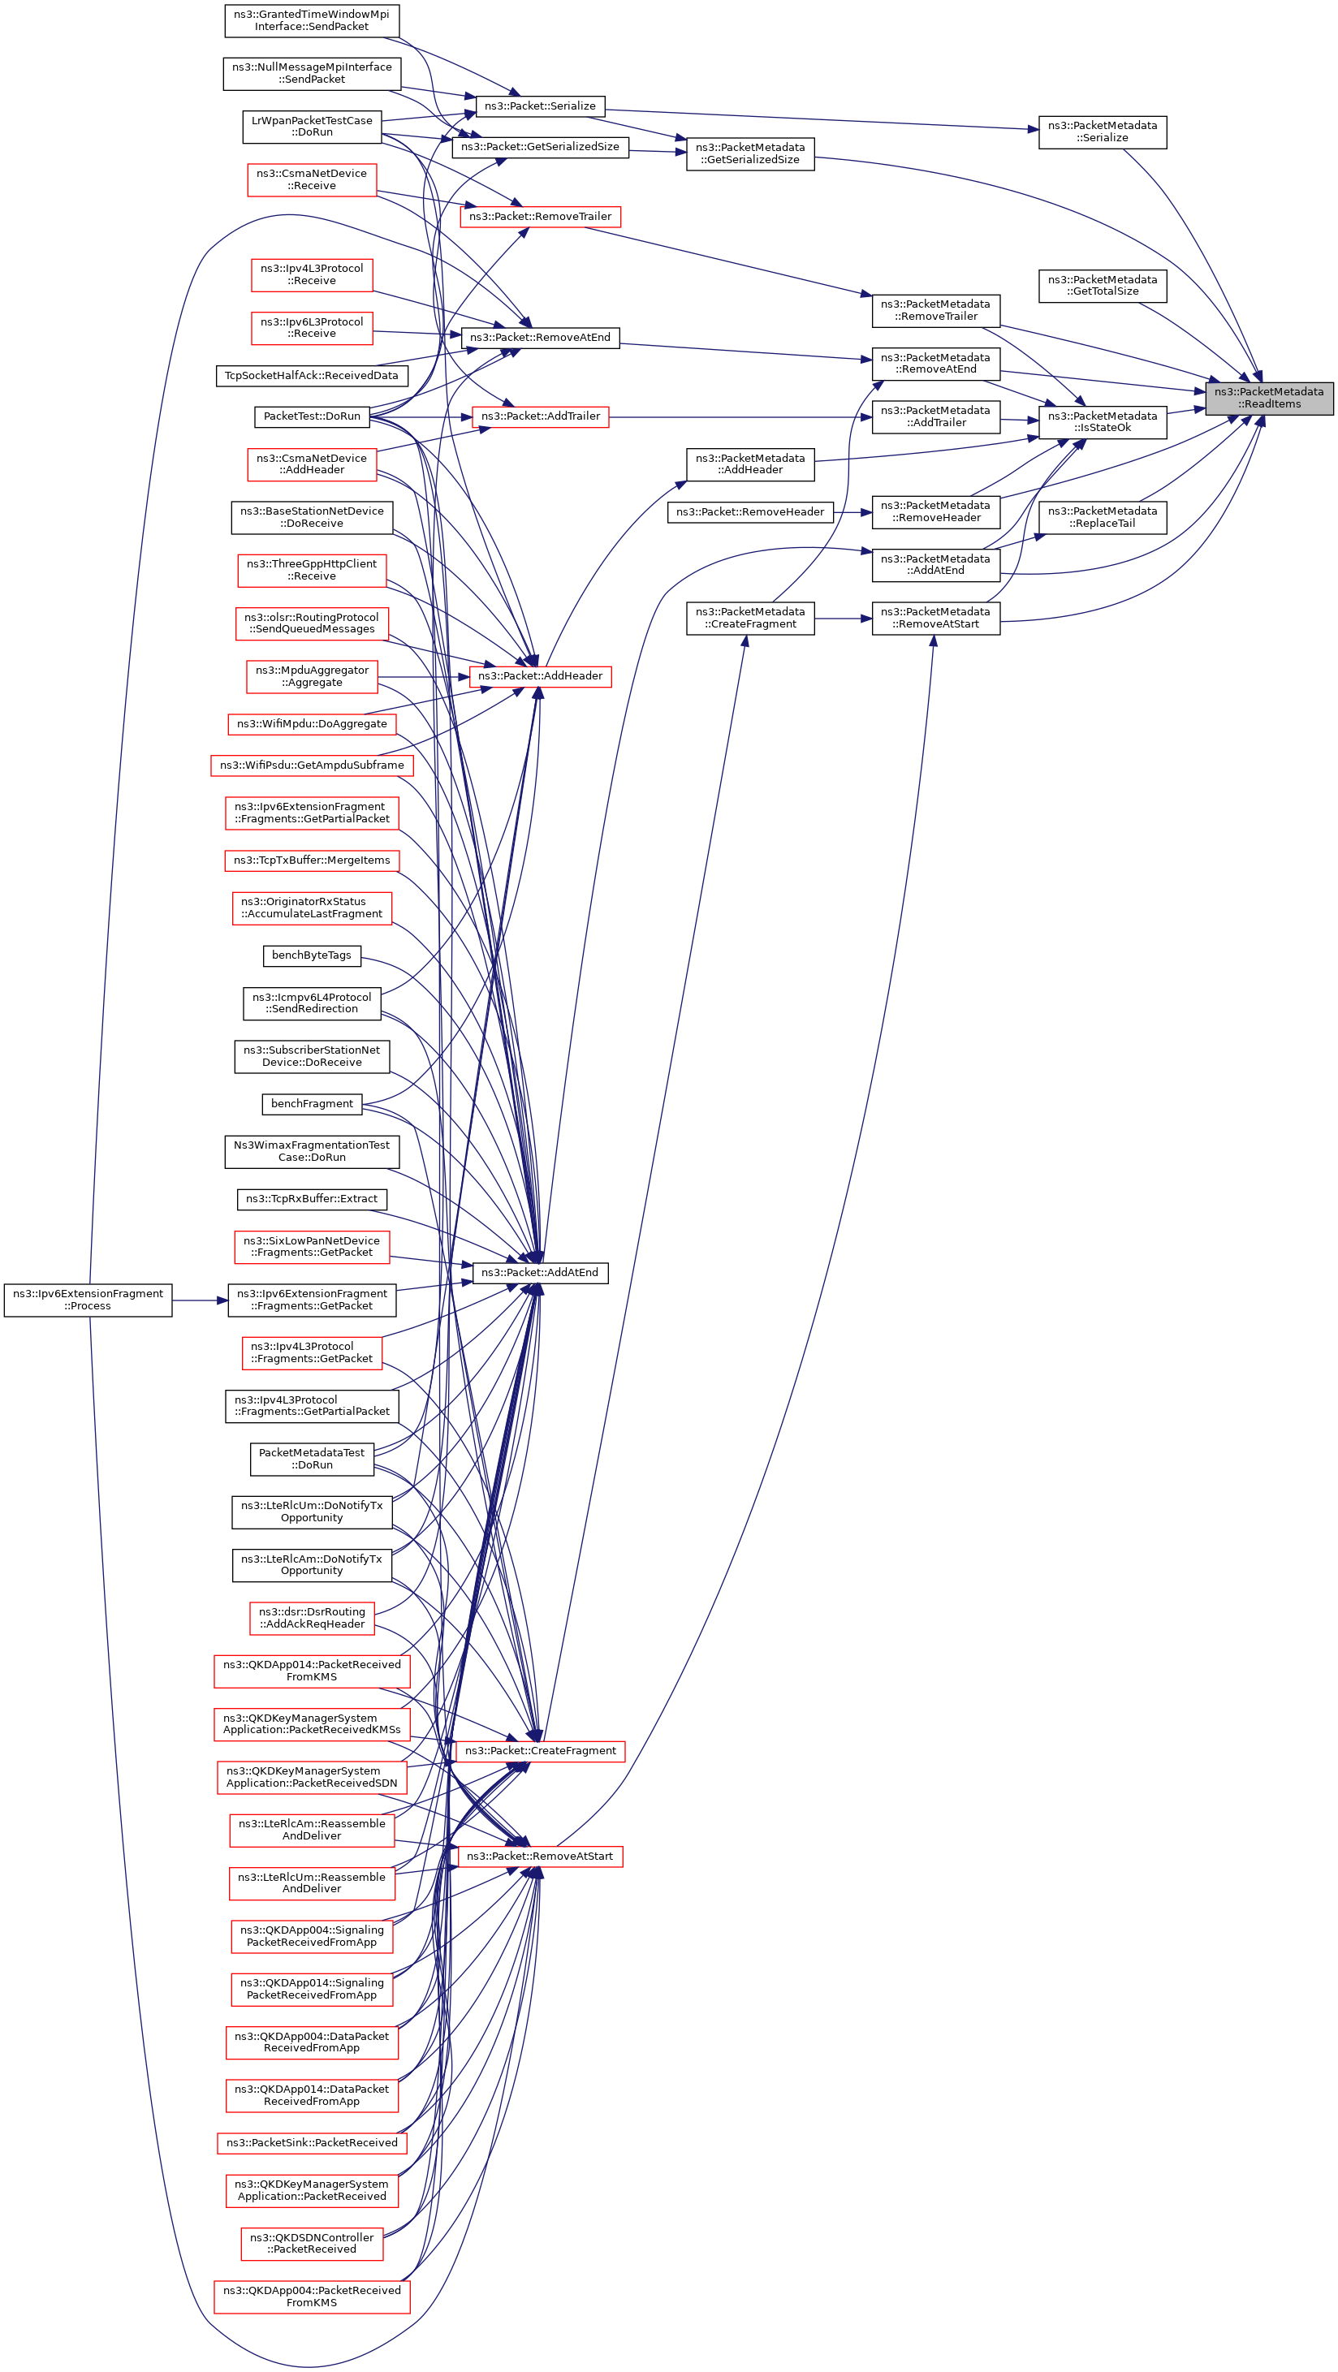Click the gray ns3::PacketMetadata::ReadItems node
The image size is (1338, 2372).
click(1268, 398)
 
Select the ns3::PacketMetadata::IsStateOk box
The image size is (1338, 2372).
click(1102, 422)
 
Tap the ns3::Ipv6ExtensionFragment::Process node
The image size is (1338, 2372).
click(88, 1300)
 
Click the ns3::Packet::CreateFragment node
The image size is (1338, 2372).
click(540, 1750)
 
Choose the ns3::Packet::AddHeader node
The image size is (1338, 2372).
click(540, 676)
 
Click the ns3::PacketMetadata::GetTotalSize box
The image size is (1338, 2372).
click(1102, 286)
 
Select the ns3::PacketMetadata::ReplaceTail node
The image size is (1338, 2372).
click(1102, 516)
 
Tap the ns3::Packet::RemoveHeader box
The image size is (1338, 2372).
click(749, 512)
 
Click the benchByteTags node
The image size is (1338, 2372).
click(311, 955)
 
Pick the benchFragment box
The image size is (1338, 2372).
click(311, 1103)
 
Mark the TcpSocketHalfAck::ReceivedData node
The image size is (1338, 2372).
click(311, 376)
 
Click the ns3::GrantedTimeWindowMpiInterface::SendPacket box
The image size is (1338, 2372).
click(311, 20)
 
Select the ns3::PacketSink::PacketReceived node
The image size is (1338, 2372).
click(311, 2143)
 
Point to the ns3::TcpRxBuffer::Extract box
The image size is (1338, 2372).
click(311, 1199)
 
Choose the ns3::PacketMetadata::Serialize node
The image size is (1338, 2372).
click(1102, 132)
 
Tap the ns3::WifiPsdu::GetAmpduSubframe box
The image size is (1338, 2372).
click(311, 766)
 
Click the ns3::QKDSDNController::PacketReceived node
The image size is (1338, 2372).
click(311, 2243)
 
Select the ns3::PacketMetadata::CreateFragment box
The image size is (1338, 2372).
click(749, 618)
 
